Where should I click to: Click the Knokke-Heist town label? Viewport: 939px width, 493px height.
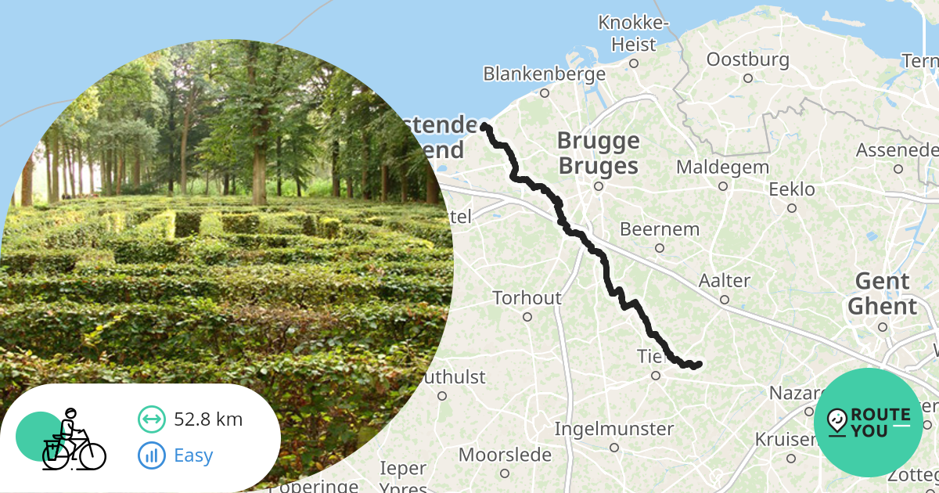coord(633,34)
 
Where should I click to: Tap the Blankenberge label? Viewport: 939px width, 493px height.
coord(544,74)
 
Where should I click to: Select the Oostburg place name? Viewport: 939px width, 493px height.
coord(747,59)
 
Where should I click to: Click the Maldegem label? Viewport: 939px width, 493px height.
coord(722,167)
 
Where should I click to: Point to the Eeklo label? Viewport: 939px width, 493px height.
coord(792,189)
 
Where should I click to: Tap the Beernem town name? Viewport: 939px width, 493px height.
coord(660,229)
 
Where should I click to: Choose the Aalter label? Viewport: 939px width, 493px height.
coord(725,281)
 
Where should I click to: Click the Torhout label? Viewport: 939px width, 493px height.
coord(527,298)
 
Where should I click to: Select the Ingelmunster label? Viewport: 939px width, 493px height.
coord(614,429)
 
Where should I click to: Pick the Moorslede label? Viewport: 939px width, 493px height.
coord(505,455)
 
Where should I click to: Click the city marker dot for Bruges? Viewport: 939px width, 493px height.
coord(599,186)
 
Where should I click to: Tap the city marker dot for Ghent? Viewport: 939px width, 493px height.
coord(883,327)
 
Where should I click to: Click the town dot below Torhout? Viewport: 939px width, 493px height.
coord(527,317)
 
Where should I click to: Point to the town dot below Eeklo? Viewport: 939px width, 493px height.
coord(792,208)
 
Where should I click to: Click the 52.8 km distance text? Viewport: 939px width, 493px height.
coord(208,419)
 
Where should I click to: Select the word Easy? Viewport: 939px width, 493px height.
coord(193,455)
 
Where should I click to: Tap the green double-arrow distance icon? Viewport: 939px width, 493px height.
coord(152,419)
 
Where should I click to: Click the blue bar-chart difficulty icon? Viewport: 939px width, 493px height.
coord(152,455)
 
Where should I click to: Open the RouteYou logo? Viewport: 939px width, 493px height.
coord(869,423)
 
